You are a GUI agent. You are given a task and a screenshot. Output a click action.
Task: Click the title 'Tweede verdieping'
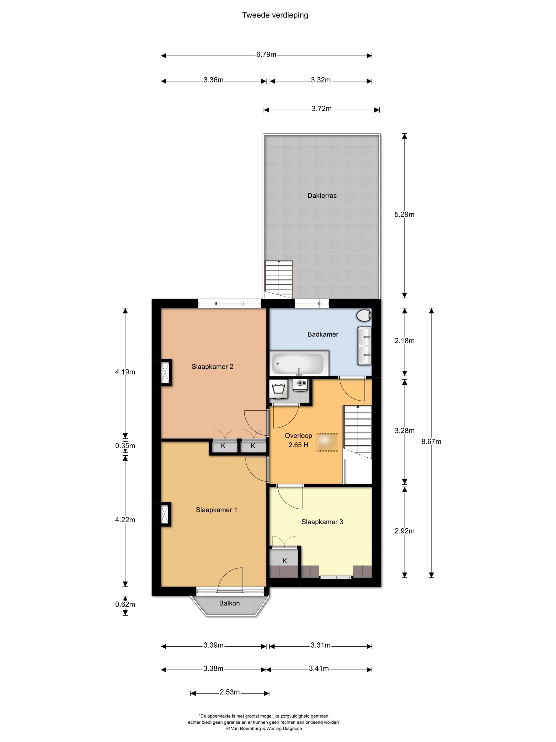[275, 15]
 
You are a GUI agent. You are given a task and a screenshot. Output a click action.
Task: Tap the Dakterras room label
[322, 196]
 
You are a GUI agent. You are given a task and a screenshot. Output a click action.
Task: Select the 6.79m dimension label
[266, 54]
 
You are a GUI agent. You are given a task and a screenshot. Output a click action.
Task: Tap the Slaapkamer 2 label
[213, 367]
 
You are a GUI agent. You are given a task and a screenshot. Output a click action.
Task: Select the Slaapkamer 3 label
[322, 522]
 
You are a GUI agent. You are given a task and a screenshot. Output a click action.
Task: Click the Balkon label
[230, 603]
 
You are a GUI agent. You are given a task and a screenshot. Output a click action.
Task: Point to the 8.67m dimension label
[431, 442]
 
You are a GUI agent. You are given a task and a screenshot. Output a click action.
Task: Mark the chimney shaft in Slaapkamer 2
[165, 373]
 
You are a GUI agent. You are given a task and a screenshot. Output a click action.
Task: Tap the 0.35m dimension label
[125, 446]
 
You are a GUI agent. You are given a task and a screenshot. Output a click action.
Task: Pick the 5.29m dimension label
[405, 215]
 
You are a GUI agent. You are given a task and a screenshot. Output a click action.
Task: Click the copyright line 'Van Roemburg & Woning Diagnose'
[264, 728]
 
